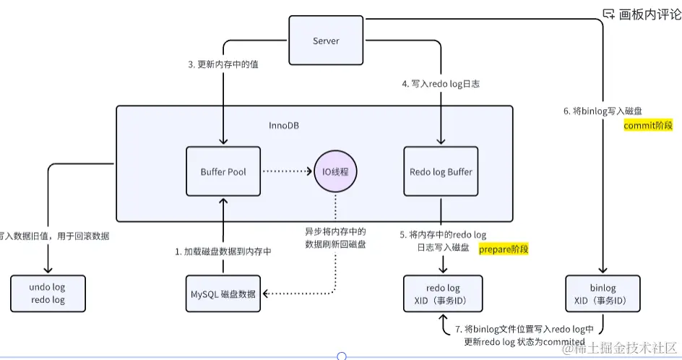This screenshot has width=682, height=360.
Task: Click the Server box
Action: (325, 41)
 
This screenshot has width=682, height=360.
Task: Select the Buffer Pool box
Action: (223, 171)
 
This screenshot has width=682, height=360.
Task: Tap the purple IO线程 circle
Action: (335, 171)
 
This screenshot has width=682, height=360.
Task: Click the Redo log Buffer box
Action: (440, 171)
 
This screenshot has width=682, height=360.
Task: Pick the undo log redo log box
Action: (48, 293)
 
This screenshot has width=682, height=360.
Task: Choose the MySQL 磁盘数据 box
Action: (223, 293)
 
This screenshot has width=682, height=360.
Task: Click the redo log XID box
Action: (442, 293)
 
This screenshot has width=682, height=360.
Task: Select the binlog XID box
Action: (602, 293)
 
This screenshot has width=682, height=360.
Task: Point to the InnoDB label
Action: (284, 125)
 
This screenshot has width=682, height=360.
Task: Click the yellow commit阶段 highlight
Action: (648, 125)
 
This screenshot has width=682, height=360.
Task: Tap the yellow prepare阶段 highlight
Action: (504, 249)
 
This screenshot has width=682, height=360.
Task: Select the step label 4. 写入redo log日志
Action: (441, 84)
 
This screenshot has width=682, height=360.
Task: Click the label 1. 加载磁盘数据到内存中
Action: (223, 252)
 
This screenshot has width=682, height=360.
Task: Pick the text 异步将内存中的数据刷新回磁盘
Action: (335, 238)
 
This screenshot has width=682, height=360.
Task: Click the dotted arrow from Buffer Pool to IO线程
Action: (286, 171)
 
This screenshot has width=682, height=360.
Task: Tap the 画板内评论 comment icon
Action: (609, 13)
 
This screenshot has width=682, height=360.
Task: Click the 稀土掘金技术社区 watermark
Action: (621, 348)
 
